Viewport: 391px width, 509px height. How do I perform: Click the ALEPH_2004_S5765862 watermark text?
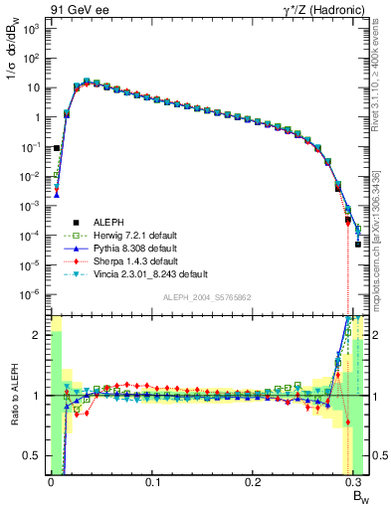coord(208,297)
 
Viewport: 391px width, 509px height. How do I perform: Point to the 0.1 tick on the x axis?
coord(152,481)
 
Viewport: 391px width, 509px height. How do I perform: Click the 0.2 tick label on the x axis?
coord(255,481)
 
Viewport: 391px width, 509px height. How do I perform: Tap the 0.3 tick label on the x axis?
coord(356,481)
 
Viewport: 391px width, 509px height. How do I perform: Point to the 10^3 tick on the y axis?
coord(31,29)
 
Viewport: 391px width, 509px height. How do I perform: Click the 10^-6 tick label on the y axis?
coord(31,294)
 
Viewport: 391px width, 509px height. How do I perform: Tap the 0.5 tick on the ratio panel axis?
coord(33,456)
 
